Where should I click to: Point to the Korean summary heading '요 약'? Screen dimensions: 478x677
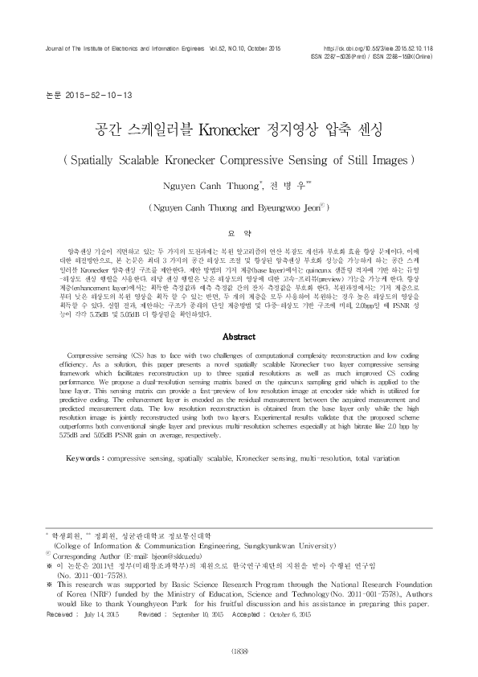tap(239, 227)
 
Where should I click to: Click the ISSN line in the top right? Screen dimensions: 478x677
tap(382, 58)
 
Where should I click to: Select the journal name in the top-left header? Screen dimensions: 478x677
tap(120, 49)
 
